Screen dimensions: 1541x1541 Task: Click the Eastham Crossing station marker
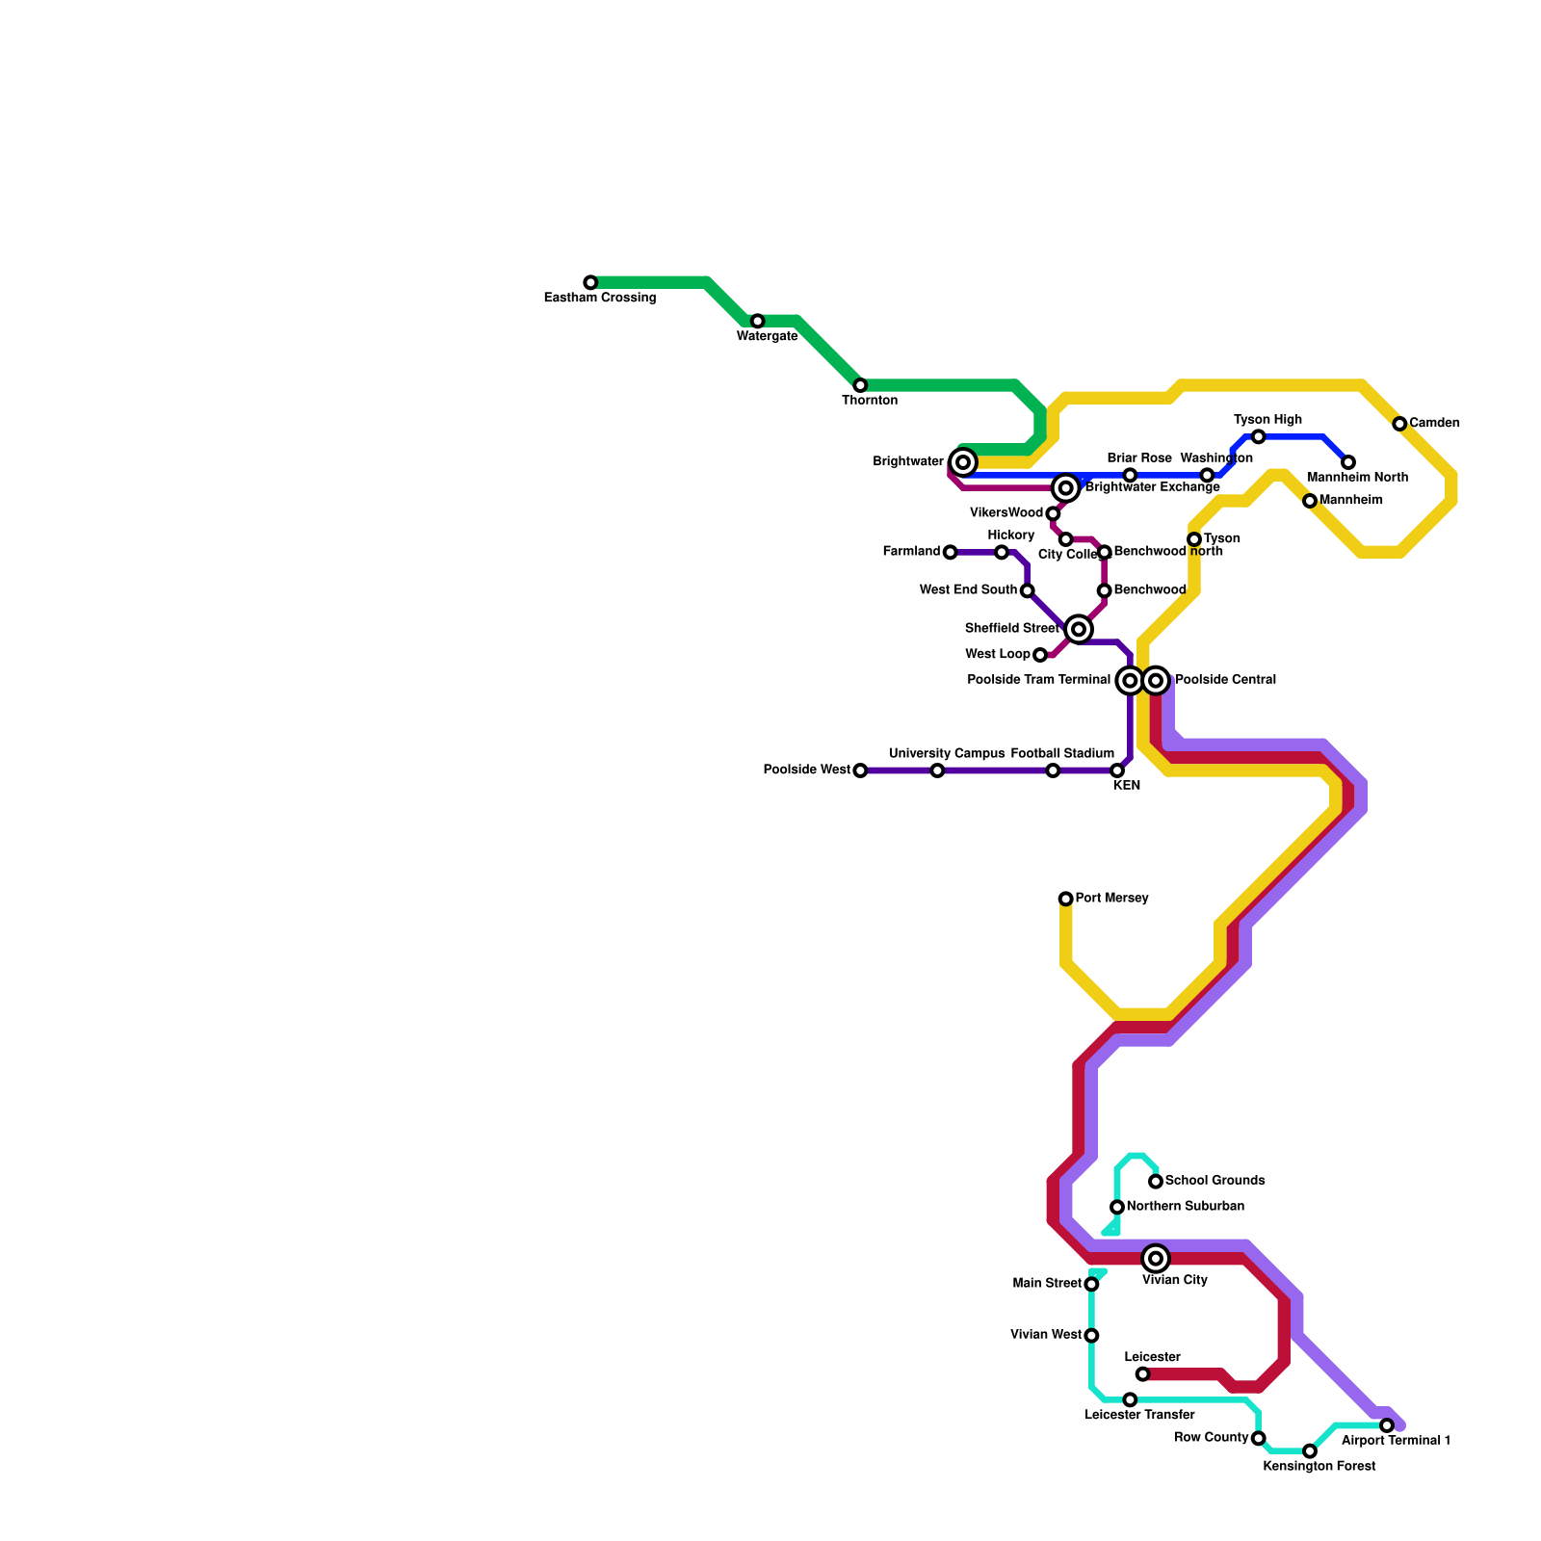click(590, 282)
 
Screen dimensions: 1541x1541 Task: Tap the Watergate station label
click(767, 336)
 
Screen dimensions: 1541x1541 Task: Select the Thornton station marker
click(860, 385)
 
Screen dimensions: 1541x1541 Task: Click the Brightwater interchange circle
click(963, 462)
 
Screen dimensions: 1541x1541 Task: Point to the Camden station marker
click(1399, 424)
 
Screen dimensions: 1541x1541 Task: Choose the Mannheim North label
click(1357, 478)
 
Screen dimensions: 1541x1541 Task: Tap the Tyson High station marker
click(1258, 437)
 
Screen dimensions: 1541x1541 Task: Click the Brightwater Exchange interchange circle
click(1065, 488)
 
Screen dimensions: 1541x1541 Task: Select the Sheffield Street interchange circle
click(1079, 629)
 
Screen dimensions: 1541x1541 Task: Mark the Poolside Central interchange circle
click(1156, 681)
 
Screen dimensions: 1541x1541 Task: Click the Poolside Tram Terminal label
click(1038, 680)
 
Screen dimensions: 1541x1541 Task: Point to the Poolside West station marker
click(860, 770)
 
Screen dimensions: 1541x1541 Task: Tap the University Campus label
click(946, 753)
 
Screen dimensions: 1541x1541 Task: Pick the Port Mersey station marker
click(1065, 899)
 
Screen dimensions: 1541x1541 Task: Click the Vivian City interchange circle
click(1156, 1259)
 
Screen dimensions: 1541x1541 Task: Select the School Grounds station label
click(1214, 1181)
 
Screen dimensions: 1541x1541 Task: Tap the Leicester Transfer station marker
click(1130, 1399)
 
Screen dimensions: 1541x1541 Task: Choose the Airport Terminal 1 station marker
click(1387, 1425)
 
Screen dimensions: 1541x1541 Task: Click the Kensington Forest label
click(1319, 1467)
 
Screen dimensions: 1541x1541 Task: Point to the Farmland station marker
click(951, 552)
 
